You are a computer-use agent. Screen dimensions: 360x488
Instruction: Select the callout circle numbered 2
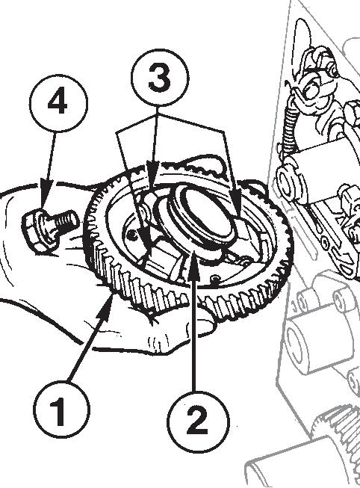(198, 421)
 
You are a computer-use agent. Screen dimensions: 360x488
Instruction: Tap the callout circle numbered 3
(160, 78)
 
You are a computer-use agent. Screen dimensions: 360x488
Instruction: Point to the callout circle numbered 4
(58, 103)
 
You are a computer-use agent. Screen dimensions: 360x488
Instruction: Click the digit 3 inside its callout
(160, 78)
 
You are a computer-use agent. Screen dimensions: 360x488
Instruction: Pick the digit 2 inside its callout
(197, 421)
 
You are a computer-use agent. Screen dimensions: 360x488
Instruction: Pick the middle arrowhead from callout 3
(152, 177)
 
